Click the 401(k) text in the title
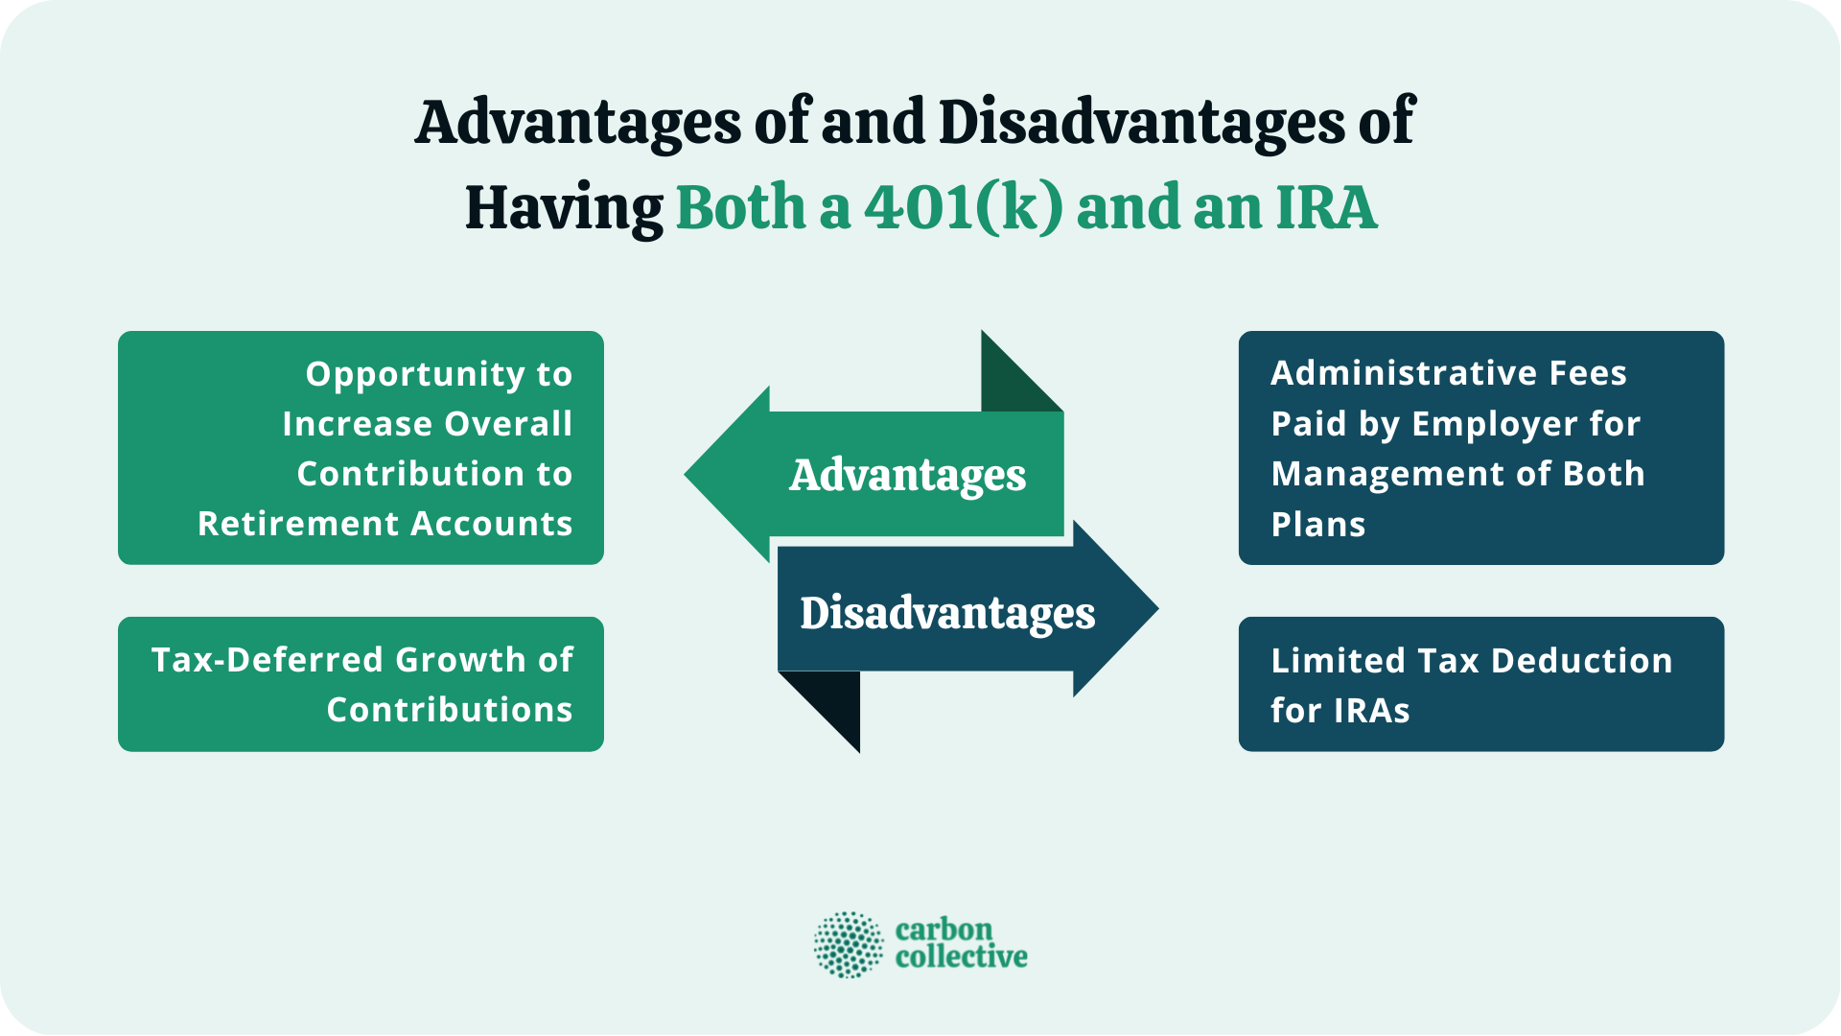click(x=963, y=207)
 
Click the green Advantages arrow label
click(x=907, y=475)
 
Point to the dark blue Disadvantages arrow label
click(x=947, y=613)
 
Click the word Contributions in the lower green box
click(x=449, y=710)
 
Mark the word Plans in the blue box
click(x=1317, y=525)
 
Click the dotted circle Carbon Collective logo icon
click(x=848, y=945)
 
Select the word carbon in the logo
click(x=944, y=930)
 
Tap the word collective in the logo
click(x=961, y=956)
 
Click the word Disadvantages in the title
click(x=1141, y=123)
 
